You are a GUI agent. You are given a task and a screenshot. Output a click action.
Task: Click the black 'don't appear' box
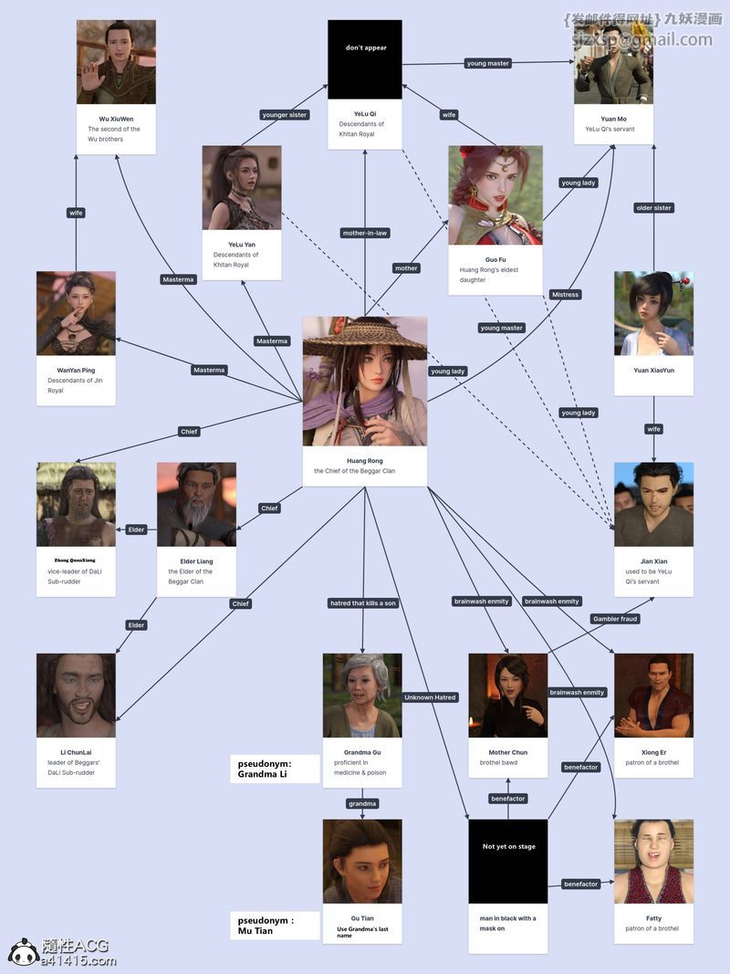pyautogui.click(x=365, y=59)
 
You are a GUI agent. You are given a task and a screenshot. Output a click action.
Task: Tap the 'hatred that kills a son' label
pyautogui.click(x=362, y=603)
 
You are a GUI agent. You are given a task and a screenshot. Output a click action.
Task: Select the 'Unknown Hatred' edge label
pyautogui.click(x=431, y=697)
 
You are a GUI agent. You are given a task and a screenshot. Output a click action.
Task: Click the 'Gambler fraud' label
pyautogui.click(x=615, y=619)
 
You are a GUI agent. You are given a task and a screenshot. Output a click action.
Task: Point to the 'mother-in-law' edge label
pyautogui.click(x=365, y=233)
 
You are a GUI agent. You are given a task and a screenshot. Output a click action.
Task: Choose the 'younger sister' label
pyautogui.click(x=285, y=115)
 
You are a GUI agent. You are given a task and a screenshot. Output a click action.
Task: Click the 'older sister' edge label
pyautogui.click(x=653, y=208)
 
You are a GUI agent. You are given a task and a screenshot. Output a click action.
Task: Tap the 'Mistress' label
pyautogui.click(x=565, y=295)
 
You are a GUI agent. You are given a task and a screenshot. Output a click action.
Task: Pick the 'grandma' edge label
pyautogui.click(x=362, y=804)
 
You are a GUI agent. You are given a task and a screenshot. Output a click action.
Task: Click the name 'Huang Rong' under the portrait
pyautogui.click(x=365, y=461)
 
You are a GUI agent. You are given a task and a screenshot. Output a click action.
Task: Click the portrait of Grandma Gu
pyautogui.click(x=362, y=695)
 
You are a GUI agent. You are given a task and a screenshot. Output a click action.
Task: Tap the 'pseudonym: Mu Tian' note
pyautogui.click(x=267, y=926)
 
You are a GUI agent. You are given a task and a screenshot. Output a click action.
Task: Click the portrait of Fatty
pyautogui.click(x=653, y=861)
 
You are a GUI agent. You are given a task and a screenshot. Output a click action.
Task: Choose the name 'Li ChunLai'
pyautogui.click(x=76, y=753)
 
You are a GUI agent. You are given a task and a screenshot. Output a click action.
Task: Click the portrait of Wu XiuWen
pyautogui.click(x=116, y=61)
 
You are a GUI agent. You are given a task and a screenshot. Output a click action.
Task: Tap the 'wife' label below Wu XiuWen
pyautogui.click(x=76, y=213)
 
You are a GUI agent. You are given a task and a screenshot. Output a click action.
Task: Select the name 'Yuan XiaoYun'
pyautogui.click(x=653, y=371)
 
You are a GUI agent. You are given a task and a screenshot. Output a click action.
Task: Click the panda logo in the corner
pyautogui.click(x=24, y=952)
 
